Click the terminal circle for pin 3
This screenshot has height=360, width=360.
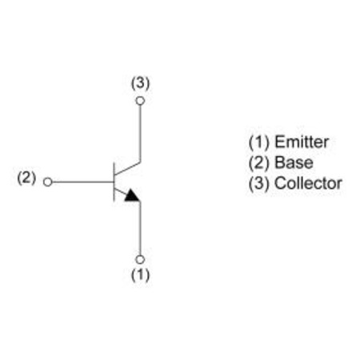pos(140,101)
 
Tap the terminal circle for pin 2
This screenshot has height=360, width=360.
pos(48,182)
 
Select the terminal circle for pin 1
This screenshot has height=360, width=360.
pos(140,259)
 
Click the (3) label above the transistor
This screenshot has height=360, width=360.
pos(140,83)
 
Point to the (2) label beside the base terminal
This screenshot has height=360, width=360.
pos(26,178)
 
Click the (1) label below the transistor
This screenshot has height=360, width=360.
pos(140,274)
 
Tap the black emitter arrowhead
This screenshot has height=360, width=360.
pos(132,195)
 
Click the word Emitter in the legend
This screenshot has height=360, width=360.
pos(302,142)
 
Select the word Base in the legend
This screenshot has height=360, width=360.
pos(294,162)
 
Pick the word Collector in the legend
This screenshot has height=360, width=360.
pos(308,183)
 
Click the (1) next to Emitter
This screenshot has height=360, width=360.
pos(259,142)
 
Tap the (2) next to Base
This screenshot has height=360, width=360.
pos(259,163)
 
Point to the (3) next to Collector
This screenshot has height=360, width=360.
pos(259,184)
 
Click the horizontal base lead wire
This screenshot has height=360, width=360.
pos(83,182)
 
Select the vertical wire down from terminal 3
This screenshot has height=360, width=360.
pos(140,134)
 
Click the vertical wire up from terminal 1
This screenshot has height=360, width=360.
pos(140,228)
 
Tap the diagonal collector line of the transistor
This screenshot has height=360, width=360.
pos(127,168)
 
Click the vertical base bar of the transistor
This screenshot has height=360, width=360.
pos(114,182)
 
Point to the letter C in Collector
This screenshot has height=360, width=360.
pos(280,183)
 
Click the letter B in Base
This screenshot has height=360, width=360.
pos(279,162)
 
